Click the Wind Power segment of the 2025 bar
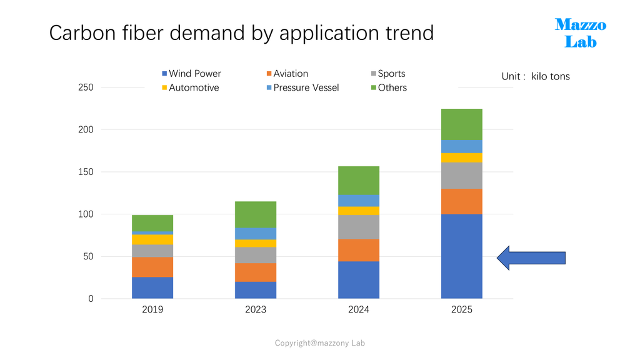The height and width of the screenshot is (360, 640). [462, 256]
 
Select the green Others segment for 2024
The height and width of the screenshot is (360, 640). [359, 181]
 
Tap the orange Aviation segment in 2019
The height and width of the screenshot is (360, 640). [152, 267]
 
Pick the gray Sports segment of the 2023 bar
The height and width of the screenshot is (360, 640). [256, 256]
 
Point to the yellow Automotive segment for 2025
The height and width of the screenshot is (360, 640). [462, 157]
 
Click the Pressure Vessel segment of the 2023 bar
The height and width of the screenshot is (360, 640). [256, 234]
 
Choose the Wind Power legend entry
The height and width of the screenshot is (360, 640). [191, 74]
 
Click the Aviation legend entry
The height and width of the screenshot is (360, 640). [287, 74]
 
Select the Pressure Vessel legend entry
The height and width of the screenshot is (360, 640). [303, 87]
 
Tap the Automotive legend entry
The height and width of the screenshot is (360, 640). [191, 87]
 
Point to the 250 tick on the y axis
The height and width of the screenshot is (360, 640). [86, 87]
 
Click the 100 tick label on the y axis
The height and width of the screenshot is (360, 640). [86, 214]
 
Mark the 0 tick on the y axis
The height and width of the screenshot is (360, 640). [91, 299]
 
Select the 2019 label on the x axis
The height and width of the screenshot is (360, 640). [152, 309]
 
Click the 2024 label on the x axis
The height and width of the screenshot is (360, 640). [359, 309]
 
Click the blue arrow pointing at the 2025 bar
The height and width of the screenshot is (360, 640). [531, 258]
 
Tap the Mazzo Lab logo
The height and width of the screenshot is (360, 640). [581, 33]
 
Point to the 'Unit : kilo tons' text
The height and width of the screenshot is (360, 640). [536, 76]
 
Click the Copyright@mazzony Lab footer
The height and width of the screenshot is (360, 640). [319, 343]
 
